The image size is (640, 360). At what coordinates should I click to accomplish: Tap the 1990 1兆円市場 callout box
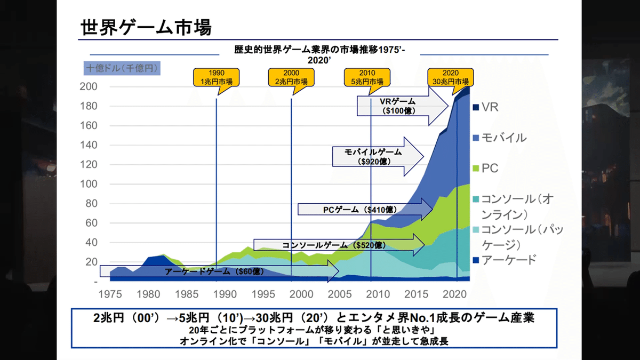tap(216, 77)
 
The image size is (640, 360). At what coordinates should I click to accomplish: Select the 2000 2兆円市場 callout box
tap(291, 77)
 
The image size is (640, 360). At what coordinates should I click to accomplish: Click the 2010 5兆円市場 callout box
tap(367, 77)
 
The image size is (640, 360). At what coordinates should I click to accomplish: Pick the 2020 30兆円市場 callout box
tap(451, 77)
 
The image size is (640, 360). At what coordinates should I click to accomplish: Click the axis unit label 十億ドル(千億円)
tap(122, 68)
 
